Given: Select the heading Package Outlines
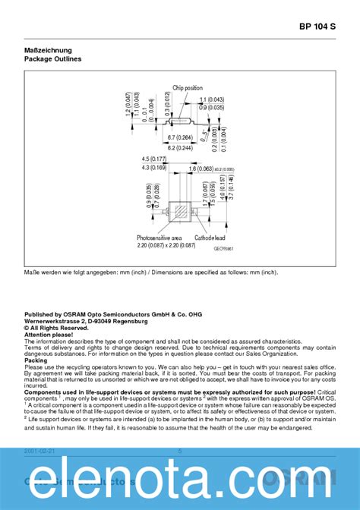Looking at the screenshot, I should [52, 58].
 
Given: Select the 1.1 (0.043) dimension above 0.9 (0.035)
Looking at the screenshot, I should [211, 100].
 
